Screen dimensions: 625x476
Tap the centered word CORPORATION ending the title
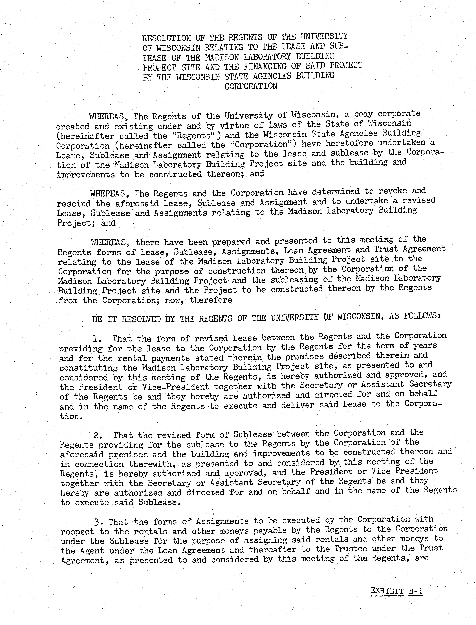pos(251,86)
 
